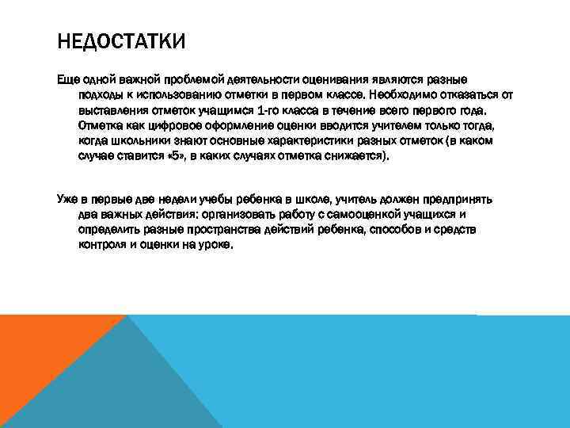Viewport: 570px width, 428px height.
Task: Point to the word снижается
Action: [358, 156]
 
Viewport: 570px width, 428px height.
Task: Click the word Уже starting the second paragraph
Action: [66, 199]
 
